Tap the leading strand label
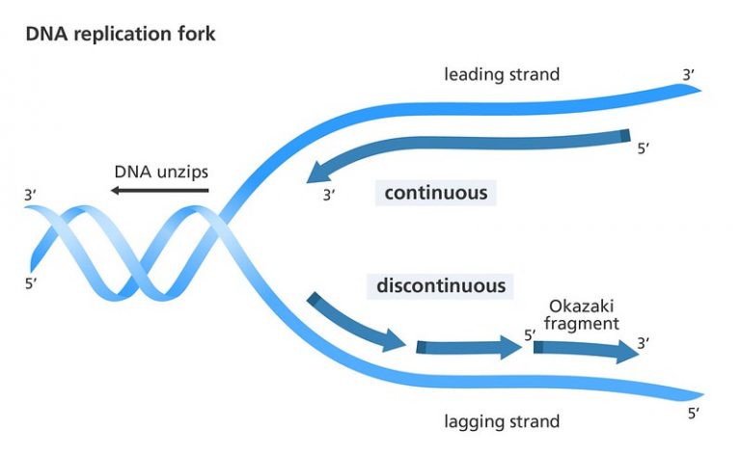coord(501,74)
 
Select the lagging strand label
coord(502,421)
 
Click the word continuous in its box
coord(435,193)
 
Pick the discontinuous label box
coord(440,286)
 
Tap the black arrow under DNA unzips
coord(160,192)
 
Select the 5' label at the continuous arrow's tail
coord(645,149)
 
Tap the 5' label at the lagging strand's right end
coord(692,414)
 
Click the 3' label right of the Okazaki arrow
coord(644,342)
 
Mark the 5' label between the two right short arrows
coord(530,335)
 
